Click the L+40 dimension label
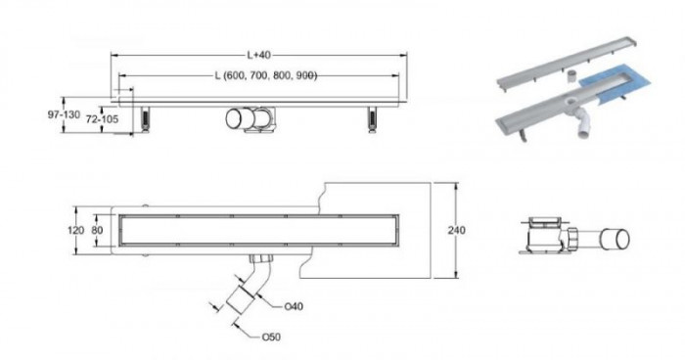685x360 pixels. click(x=259, y=55)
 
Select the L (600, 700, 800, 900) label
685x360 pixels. click(x=265, y=75)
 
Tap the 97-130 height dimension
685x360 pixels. click(x=64, y=114)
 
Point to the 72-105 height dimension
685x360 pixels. click(x=102, y=118)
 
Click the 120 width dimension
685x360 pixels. click(x=75, y=230)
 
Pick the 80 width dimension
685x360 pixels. click(x=97, y=230)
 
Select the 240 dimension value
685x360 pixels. click(x=457, y=230)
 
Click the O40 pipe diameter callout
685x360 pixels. click(x=294, y=307)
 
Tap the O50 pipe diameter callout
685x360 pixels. click(x=271, y=337)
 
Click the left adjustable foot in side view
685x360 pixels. click(x=145, y=118)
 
